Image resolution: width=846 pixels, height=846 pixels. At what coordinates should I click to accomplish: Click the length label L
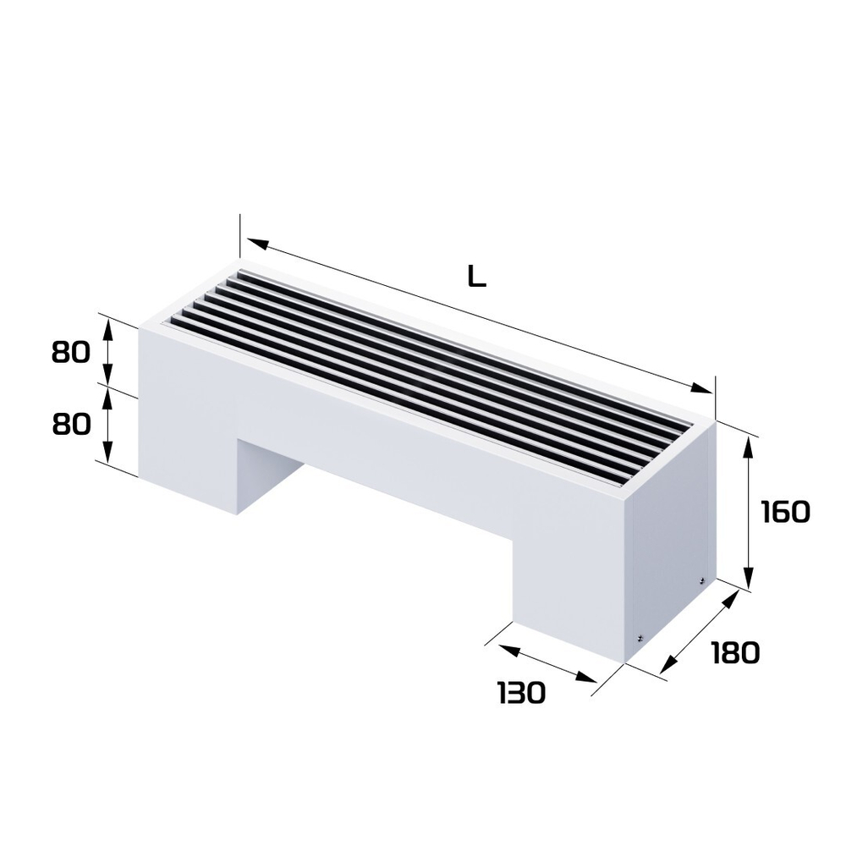[476, 277]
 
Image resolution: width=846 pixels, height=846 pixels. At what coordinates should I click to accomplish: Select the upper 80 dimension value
[70, 352]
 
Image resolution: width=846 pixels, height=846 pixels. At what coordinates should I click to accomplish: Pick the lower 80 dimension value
[71, 425]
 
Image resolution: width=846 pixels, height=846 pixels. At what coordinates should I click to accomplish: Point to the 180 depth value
[734, 652]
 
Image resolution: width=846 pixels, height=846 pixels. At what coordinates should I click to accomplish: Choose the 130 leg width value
[520, 693]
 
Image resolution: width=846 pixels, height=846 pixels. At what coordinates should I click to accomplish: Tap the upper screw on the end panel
[701, 580]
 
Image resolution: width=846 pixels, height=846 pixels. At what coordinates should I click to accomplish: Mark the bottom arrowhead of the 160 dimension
[748, 580]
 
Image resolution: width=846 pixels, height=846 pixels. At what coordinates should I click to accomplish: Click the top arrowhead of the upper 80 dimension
[107, 327]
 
